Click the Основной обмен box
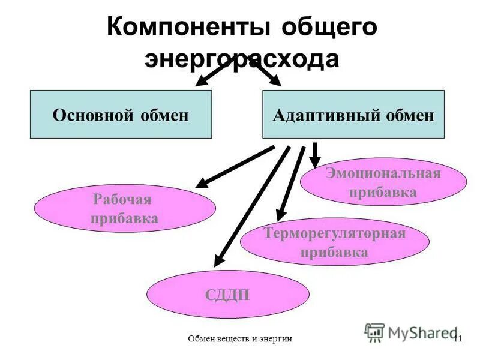[121, 115]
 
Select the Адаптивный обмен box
[353, 115]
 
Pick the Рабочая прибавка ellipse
[125, 208]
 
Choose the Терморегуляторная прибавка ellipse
[334, 242]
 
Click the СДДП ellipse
[228, 294]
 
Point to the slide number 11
[458, 339]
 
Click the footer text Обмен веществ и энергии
[240, 339]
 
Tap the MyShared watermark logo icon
[374, 332]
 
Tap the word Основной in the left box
[95, 115]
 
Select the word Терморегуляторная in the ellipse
[334, 233]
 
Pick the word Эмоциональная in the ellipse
[383, 174]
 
